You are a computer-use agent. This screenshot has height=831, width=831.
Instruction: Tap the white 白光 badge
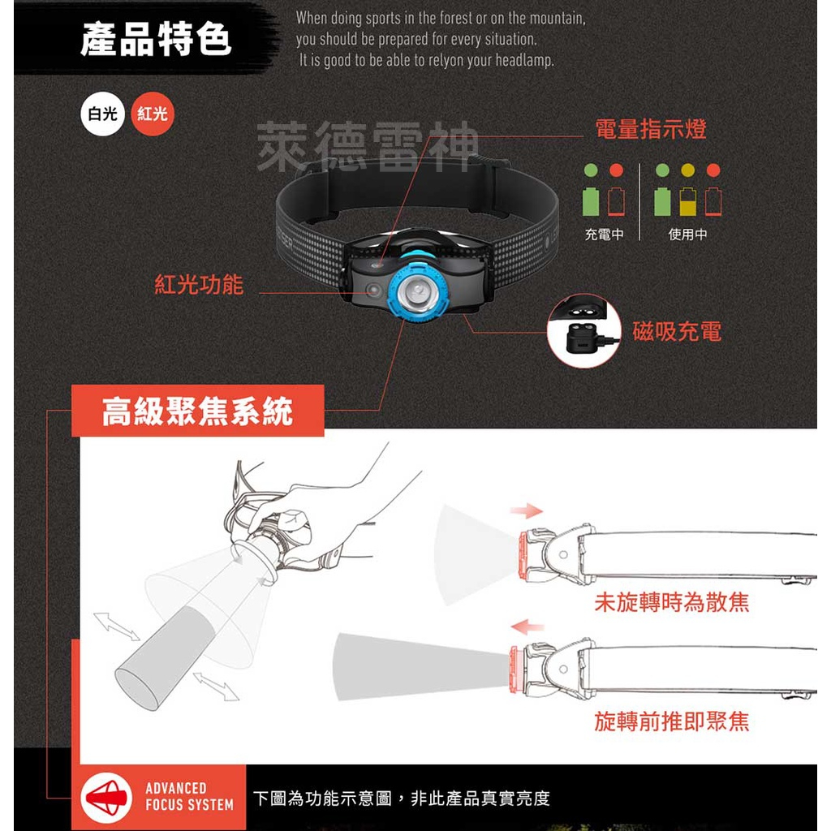click(x=102, y=114)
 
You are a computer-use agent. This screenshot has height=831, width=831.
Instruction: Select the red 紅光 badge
click(x=152, y=114)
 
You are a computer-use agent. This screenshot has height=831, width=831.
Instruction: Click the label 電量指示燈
click(x=650, y=129)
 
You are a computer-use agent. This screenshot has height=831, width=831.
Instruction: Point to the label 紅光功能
click(x=199, y=284)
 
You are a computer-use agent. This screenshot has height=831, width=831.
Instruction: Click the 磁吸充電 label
click(x=677, y=331)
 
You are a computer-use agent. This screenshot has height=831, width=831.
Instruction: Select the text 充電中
click(x=604, y=235)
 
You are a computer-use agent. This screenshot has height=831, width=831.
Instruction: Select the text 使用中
click(x=687, y=235)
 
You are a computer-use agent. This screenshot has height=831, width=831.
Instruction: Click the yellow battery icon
click(x=687, y=201)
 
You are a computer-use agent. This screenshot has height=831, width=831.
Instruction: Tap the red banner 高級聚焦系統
click(x=197, y=412)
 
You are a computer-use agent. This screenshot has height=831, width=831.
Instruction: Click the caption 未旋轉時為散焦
click(x=671, y=602)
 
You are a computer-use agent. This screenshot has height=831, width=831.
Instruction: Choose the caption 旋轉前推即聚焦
click(x=671, y=721)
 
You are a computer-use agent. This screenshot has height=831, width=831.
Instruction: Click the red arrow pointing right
click(x=526, y=510)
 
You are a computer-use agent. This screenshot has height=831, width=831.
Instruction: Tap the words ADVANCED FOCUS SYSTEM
click(x=189, y=796)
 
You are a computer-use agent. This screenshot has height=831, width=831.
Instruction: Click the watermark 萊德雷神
click(x=368, y=148)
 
